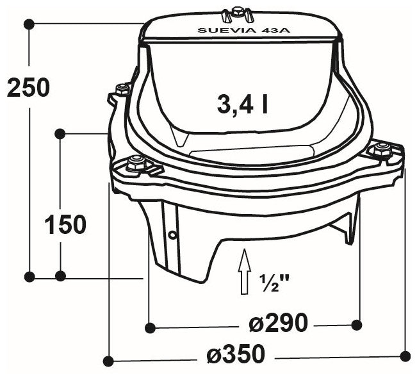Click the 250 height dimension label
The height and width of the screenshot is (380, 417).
pyautogui.click(x=28, y=88)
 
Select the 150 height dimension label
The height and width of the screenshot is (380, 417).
pyautogui.click(x=65, y=224)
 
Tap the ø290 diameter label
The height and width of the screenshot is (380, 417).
pyautogui.click(x=278, y=323)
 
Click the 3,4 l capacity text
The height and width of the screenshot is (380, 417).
pyautogui.click(x=242, y=104)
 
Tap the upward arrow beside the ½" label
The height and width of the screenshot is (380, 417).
pyautogui.click(x=244, y=272)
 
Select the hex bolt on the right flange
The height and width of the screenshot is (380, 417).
pyautogui.click(x=382, y=149)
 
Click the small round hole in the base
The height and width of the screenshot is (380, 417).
pyautogui.click(x=172, y=235)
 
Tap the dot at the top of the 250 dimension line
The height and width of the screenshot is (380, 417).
pyautogui.click(x=29, y=24)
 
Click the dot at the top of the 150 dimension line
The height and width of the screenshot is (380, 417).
pyautogui.click(x=60, y=133)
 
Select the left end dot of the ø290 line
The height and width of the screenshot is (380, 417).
pyautogui.click(x=149, y=327)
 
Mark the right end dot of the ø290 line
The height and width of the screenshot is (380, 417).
pyautogui.click(x=357, y=325)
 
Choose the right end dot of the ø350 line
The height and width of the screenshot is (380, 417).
pyautogui.click(x=404, y=354)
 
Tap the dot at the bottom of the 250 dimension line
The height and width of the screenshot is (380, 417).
pyautogui.click(x=29, y=276)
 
